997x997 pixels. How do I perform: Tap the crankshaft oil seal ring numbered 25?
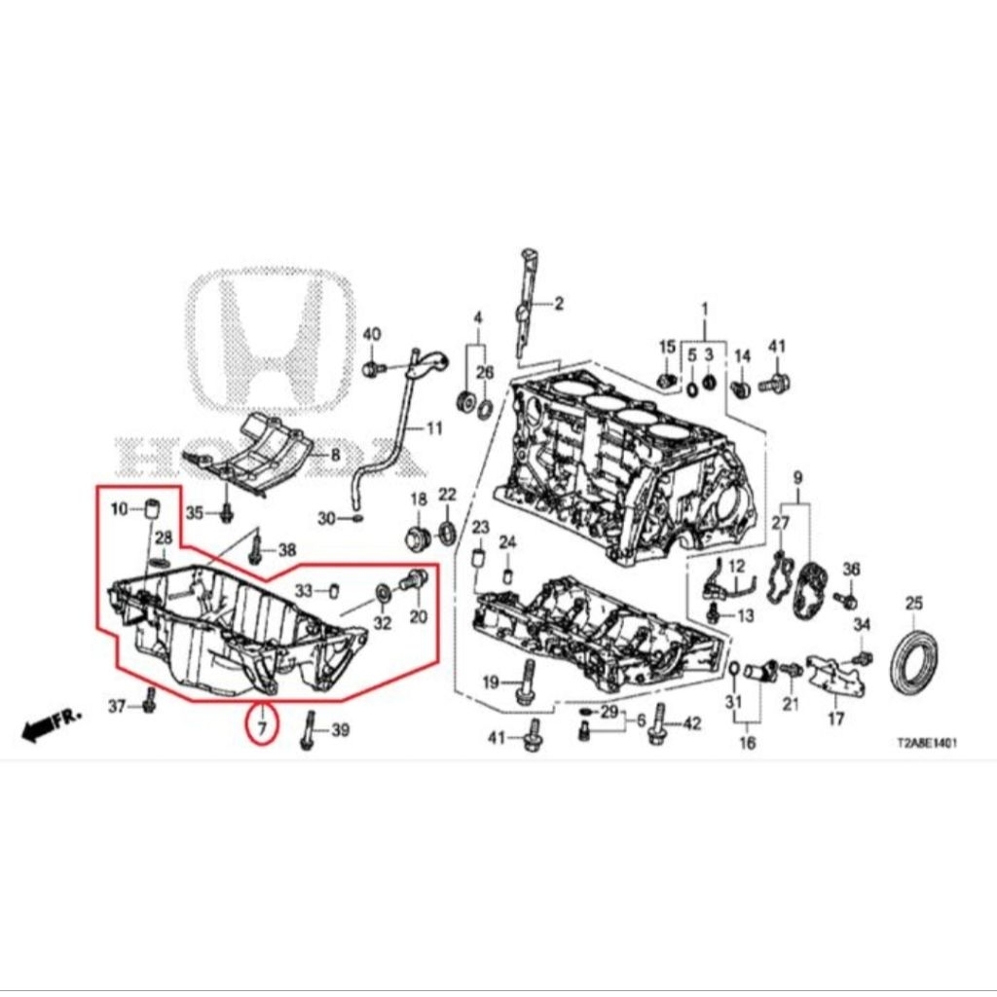916,662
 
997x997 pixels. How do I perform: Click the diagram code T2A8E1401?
927,742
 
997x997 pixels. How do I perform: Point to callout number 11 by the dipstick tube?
433,427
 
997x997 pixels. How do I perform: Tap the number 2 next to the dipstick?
559,304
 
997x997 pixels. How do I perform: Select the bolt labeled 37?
150,701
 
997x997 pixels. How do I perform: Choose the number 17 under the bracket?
835,720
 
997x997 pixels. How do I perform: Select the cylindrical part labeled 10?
151,508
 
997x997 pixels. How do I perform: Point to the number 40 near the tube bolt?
372,334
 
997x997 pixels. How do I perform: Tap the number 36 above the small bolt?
851,569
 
